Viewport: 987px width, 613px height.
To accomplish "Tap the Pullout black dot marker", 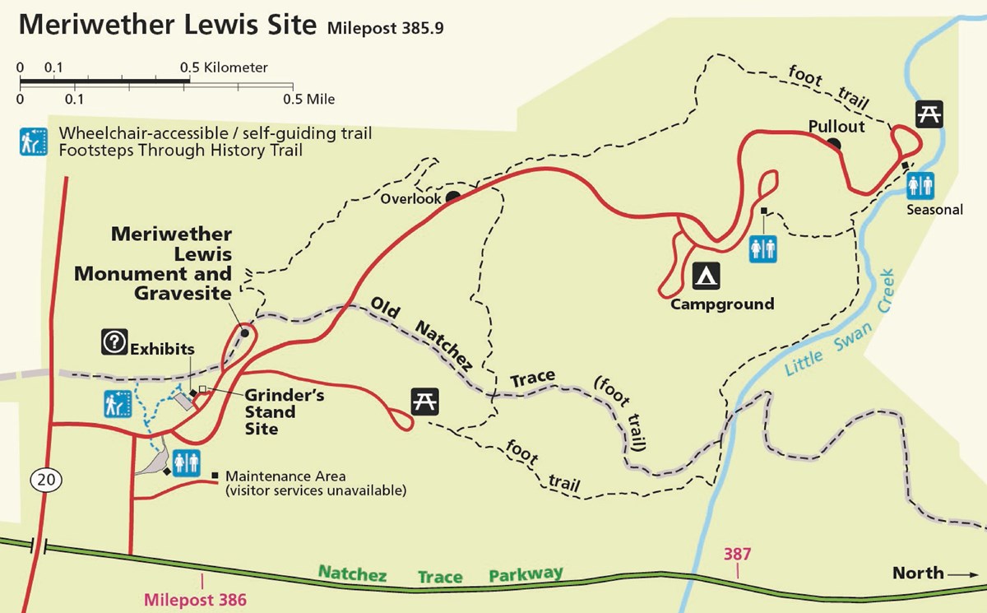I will point(834,145).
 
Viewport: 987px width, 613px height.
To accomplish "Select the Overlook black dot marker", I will point(452,197).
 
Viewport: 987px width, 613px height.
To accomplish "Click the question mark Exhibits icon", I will point(113,341).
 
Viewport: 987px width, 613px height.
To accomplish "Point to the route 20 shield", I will point(41,478).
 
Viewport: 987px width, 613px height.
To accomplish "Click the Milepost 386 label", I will point(195,598).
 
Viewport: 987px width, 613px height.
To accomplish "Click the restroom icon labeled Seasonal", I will point(921,184).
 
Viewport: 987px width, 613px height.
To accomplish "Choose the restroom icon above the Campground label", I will point(762,248).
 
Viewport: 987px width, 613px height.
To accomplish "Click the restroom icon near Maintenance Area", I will point(184,463).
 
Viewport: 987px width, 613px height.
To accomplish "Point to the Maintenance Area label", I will point(285,476).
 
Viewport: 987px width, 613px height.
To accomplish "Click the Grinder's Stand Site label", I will point(273,412).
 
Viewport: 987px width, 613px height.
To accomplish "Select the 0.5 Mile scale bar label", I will point(309,100).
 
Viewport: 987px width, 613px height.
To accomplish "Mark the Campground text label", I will point(722,304).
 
